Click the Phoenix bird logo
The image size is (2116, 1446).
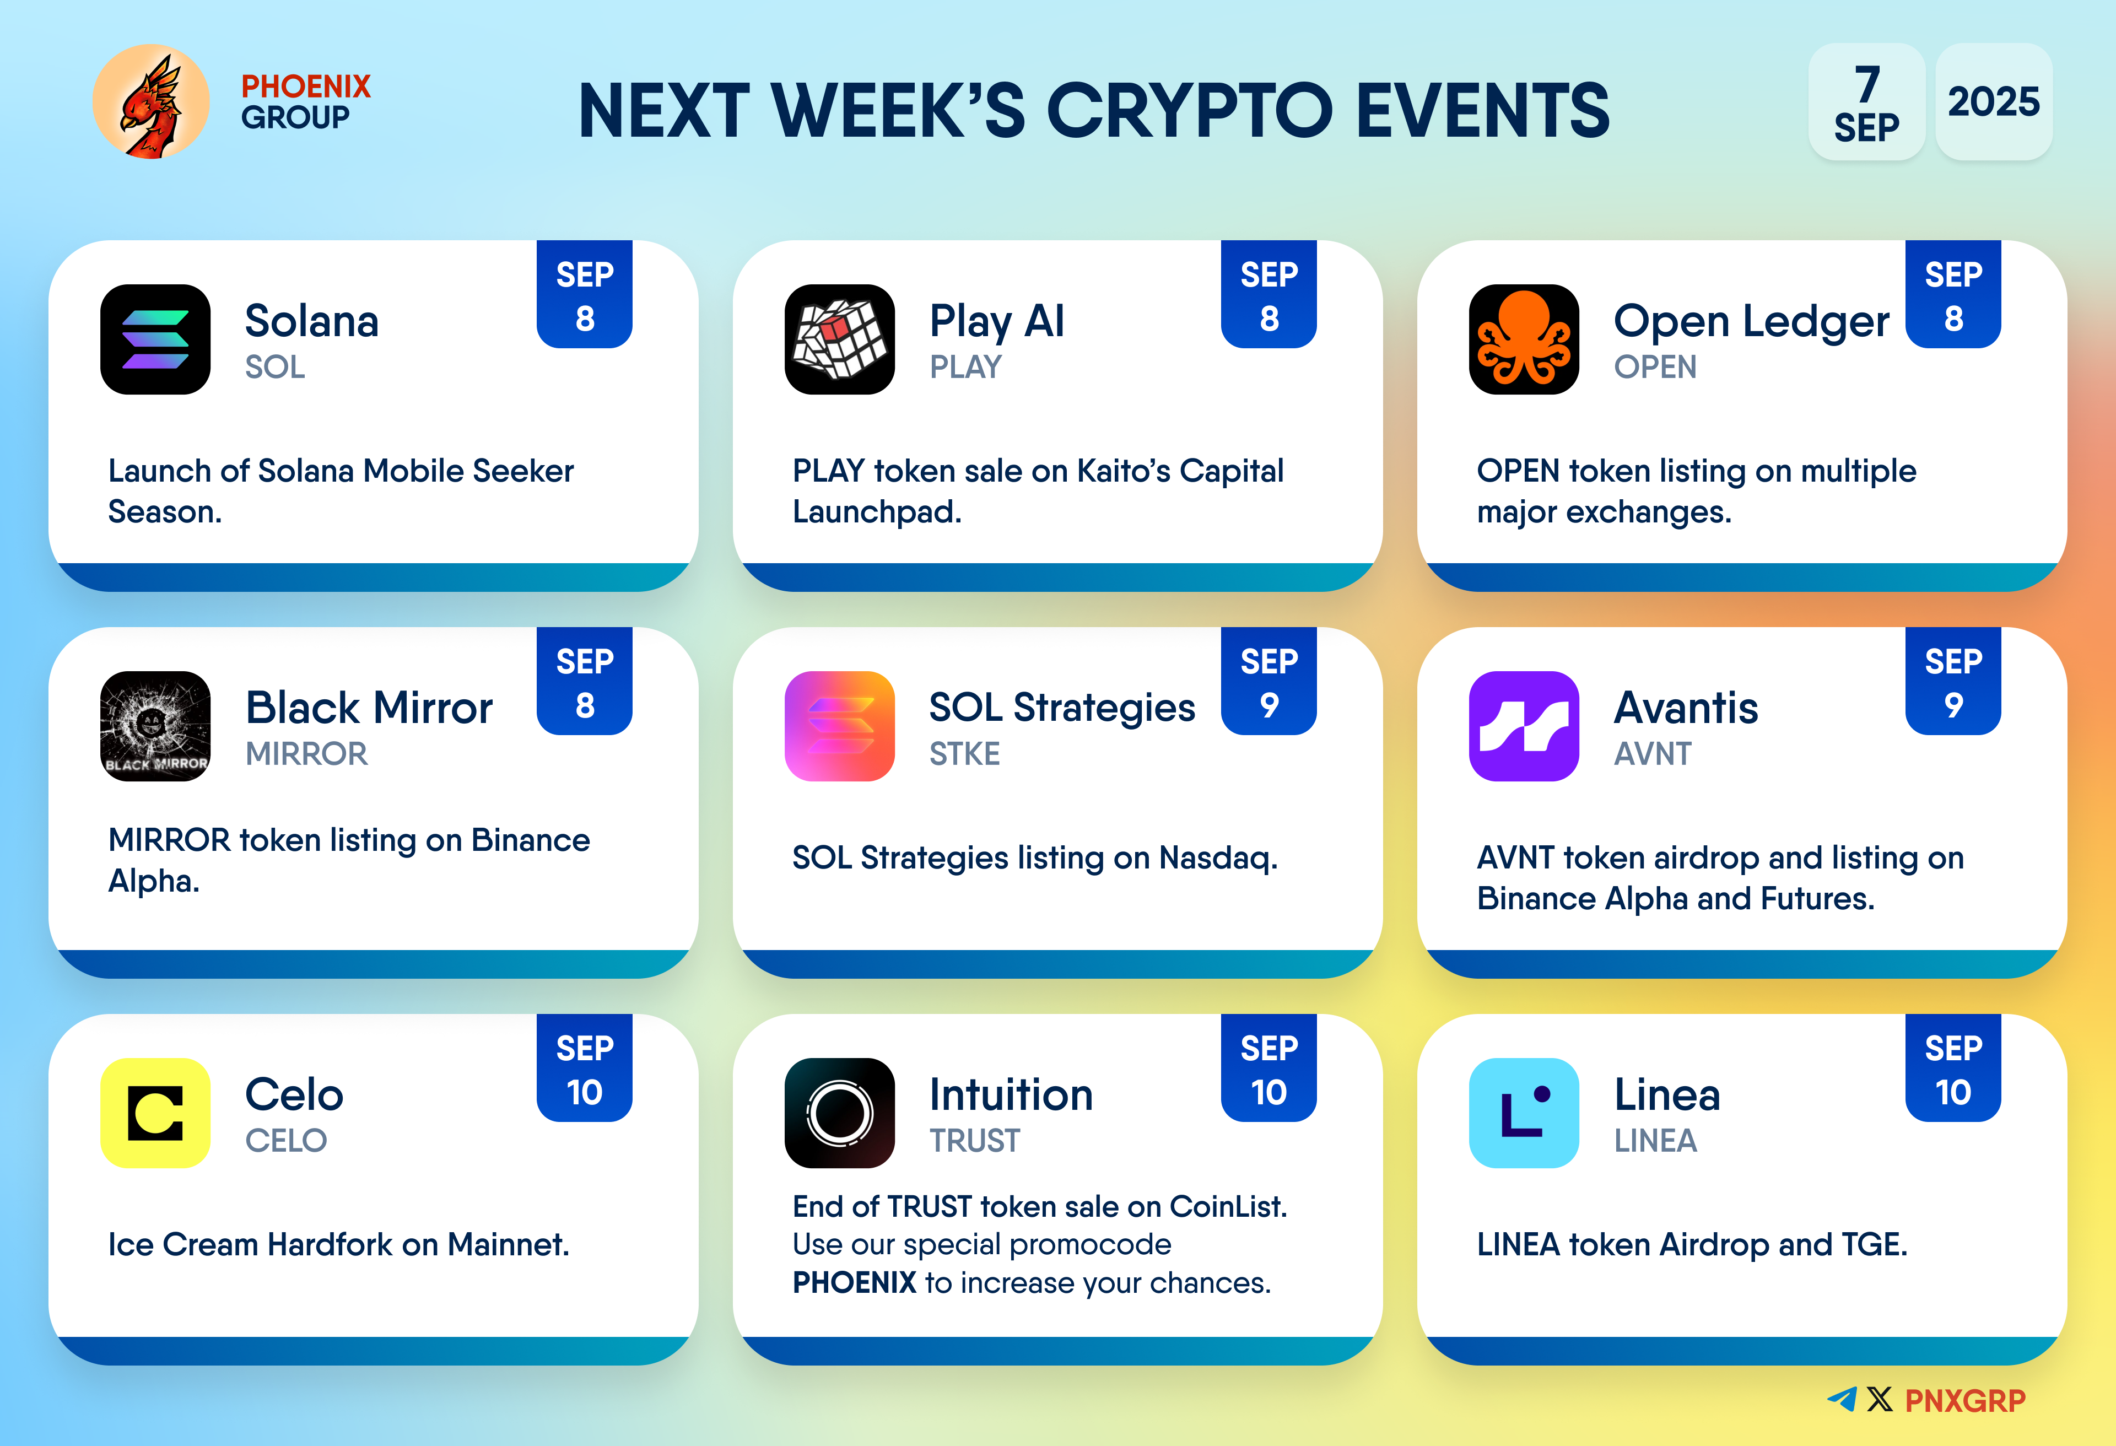(x=151, y=101)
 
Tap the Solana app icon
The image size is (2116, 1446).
(x=156, y=339)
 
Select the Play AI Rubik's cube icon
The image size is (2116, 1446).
(x=839, y=339)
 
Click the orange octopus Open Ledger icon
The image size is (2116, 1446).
(x=1524, y=339)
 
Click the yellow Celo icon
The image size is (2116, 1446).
(x=156, y=1113)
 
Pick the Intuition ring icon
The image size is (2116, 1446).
(x=839, y=1113)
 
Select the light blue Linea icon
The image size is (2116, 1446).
(x=1524, y=1113)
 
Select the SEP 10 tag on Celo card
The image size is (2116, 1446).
(x=585, y=1068)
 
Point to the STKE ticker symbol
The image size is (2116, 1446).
(x=964, y=754)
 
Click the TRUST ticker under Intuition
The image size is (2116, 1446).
(x=974, y=1141)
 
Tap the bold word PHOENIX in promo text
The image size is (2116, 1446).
(x=854, y=1283)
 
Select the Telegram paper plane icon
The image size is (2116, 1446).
(x=1842, y=1400)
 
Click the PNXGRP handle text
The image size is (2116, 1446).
(x=1966, y=1400)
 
